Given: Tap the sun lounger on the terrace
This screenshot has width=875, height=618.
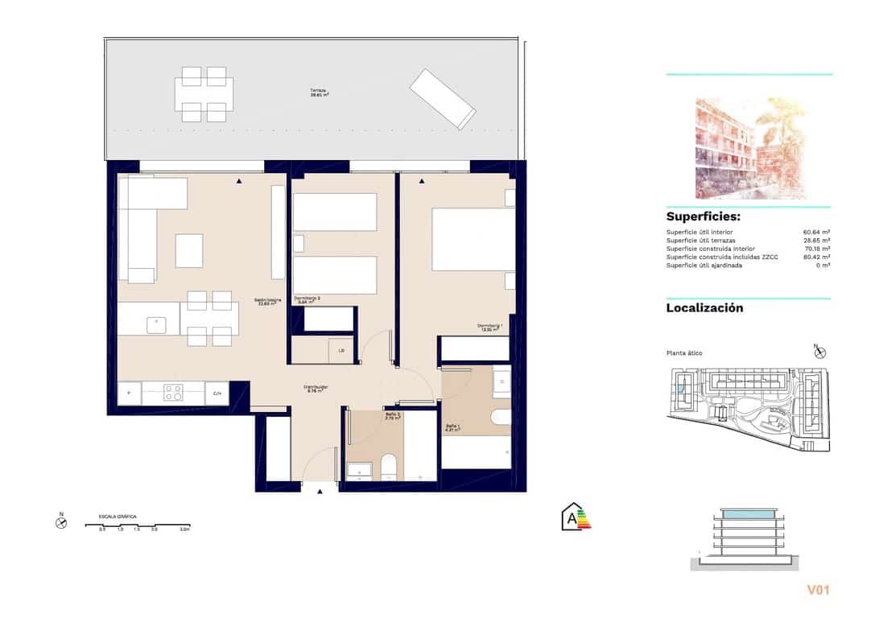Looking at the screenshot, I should (x=442, y=98).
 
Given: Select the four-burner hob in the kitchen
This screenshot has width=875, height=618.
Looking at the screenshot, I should (x=174, y=393).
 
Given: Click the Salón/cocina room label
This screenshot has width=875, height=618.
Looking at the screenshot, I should (x=269, y=302).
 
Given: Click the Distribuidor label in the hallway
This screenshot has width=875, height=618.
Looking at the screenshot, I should (x=316, y=389).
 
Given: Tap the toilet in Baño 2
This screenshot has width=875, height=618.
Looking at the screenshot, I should (x=388, y=466).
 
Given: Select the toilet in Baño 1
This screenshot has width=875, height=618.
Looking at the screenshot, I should (x=500, y=417).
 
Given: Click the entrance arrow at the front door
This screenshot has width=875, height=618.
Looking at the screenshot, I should (x=320, y=491).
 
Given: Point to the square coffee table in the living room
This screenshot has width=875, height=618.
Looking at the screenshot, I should (x=189, y=250).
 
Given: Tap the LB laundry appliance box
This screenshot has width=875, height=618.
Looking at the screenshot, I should (x=341, y=350).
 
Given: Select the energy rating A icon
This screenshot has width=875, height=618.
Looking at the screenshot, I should (x=576, y=516).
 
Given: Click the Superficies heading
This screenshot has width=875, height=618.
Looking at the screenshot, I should (x=703, y=217).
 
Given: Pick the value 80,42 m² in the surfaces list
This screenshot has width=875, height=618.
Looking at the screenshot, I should (x=816, y=257).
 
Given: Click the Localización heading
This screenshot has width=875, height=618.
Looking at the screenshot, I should (x=704, y=308).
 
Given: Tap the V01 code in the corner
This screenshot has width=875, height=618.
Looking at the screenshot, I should (x=817, y=591).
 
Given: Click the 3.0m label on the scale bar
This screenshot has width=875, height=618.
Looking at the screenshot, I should (x=184, y=529).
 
